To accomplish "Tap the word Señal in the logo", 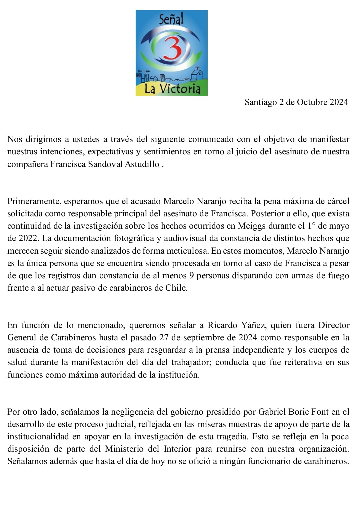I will (x=171, y=19).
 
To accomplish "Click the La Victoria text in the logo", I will (x=172, y=89).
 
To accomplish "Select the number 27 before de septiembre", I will (x=164, y=337).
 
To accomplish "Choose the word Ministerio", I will (x=124, y=449).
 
